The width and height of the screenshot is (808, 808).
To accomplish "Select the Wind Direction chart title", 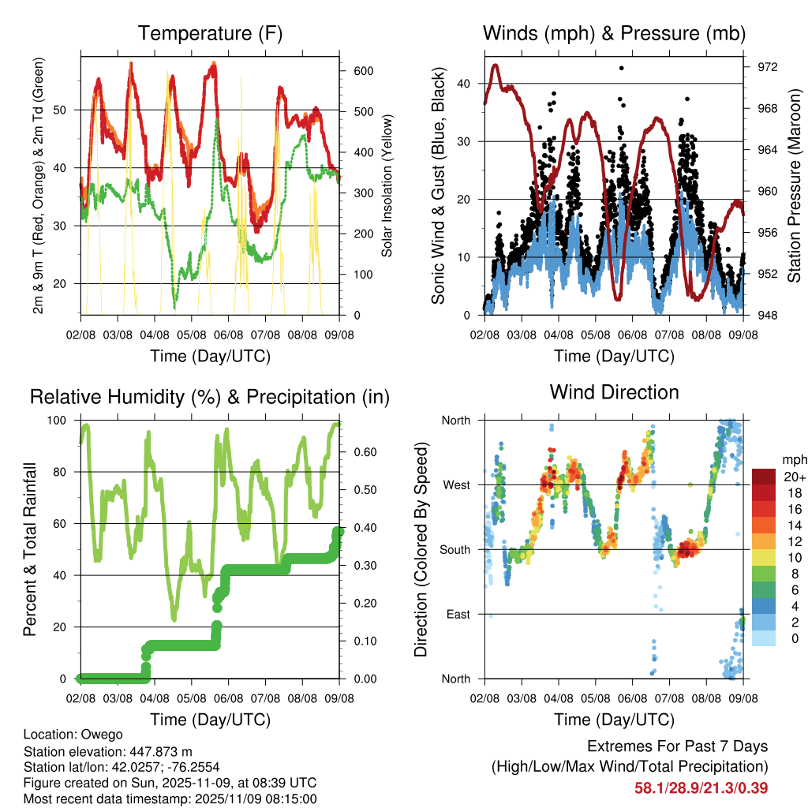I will pos(614,391).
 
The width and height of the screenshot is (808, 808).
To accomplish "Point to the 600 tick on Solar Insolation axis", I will pos(363,70).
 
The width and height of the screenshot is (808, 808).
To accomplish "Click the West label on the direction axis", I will pos(456,484).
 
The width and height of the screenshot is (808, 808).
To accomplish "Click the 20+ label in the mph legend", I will pos(794,477).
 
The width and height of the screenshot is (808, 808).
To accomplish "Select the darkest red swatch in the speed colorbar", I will pos(763,477).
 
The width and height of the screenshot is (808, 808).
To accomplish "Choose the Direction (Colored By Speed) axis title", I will pos(421,549).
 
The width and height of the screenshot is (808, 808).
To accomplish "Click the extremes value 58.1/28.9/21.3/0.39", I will pos(701,787).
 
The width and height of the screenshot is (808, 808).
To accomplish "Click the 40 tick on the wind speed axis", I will pos(468,83).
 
